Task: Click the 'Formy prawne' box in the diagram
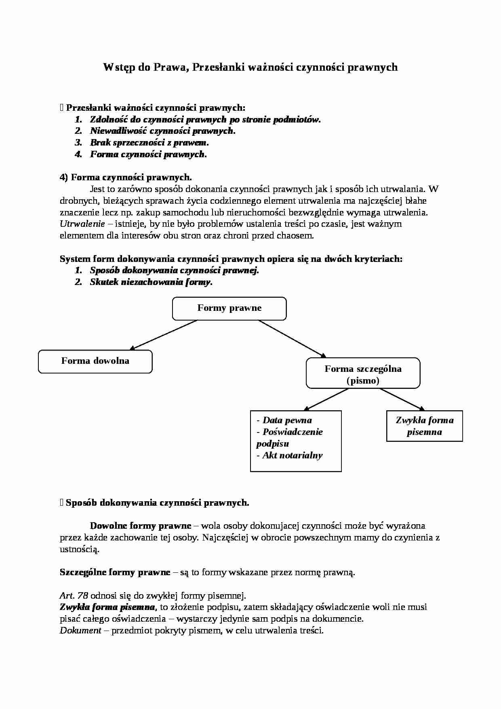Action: coord(229,308)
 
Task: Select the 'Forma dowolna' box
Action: coord(95,361)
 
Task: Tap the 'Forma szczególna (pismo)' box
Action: coord(363,374)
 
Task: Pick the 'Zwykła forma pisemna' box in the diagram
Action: coord(424,426)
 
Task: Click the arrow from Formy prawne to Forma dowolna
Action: coord(163,335)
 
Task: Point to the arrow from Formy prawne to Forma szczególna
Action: coord(292,338)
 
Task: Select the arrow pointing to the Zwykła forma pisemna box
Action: coord(402,400)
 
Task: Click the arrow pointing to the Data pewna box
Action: coord(326,400)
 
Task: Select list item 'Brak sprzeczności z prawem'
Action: coord(149,143)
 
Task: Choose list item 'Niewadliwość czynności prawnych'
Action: coord(162,131)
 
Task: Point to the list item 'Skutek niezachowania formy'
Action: coord(151,282)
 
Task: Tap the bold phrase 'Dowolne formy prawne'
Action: coord(140,526)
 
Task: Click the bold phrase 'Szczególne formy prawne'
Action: coord(115,572)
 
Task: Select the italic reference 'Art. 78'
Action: coord(74,595)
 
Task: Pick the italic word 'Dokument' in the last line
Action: coord(80,631)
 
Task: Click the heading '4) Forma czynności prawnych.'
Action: coord(126,177)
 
